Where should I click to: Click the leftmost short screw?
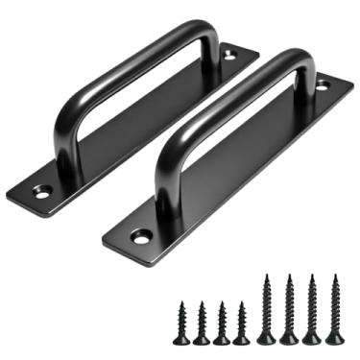point(180,322)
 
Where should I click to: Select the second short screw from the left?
point(202,323)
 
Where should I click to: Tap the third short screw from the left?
point(222,322)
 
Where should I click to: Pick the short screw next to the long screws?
point(241,323)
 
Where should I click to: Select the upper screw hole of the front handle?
point(322,84)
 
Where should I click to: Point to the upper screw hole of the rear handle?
point(229,56)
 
